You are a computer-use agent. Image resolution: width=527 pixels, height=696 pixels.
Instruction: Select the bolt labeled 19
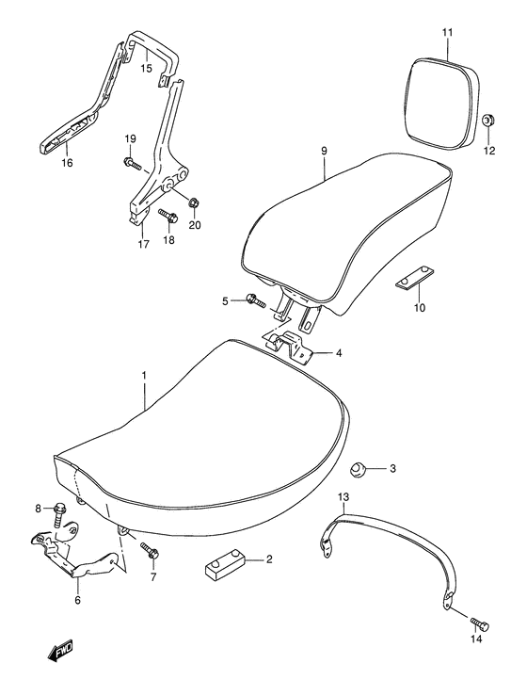coord(131,164)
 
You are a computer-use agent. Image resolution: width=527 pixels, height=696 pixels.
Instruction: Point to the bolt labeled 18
coord(168,217)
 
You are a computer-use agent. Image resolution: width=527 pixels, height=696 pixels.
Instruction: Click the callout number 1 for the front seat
coord(144,375)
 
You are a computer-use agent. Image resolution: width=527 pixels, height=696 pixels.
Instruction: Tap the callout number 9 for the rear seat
coord(323,150)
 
